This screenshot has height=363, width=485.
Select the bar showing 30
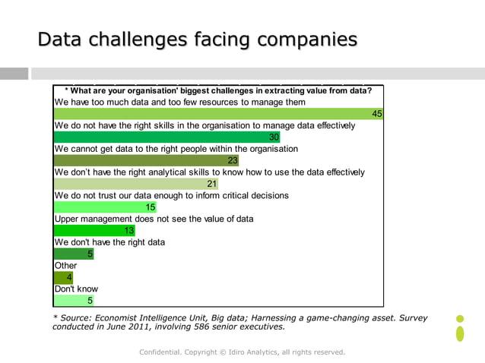coord(167,137)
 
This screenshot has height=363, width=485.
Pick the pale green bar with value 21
coord(136,183)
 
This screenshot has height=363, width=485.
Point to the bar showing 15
coord(106,207)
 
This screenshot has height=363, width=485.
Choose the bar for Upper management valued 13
coord(95,230)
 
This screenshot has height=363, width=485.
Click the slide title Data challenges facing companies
coord(198,39)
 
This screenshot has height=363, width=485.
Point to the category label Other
coord(65,266)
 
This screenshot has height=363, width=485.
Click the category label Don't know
coord(76,289)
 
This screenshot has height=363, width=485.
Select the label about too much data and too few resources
coord(180,102)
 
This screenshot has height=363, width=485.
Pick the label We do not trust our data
coord(172,195)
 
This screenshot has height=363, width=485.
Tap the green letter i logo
coord(460,329)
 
